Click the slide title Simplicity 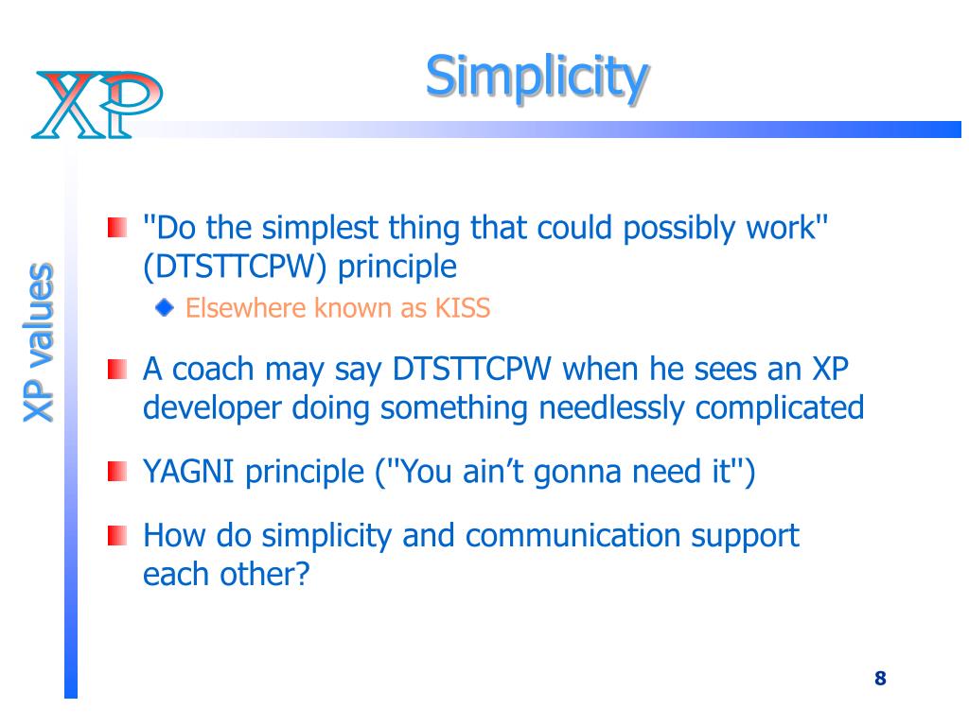click(537, 78)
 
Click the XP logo click(97, 104)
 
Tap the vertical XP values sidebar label click(38, 342)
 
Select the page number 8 click(881, 679)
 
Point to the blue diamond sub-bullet click(165, 307)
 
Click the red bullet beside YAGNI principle click(117, 471)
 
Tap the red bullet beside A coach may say click(117, 370)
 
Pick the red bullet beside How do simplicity click(117, 535)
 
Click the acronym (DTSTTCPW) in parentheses click(235, 268)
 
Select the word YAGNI click(188, 472)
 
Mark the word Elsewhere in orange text click(245, 307)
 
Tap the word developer click(212, 409)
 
